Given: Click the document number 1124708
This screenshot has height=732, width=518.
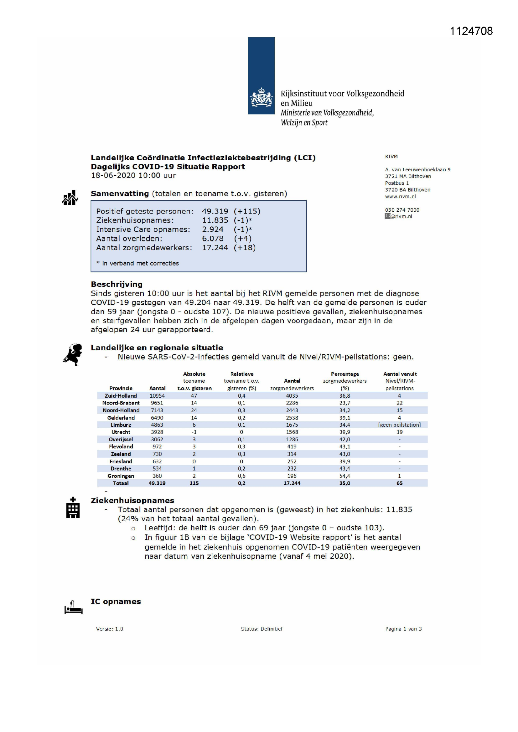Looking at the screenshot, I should tap(471, 31).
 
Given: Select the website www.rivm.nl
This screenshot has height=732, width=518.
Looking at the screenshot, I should tap(400, 196).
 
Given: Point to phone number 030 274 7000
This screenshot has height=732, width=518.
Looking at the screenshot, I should tap(402, 210).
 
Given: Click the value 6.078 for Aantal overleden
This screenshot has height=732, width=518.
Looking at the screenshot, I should tap(213, 239).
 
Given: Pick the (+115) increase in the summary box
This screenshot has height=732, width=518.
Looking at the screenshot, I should tap(247, 211).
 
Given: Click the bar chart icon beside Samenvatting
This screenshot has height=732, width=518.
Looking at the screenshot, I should tap(70, 198).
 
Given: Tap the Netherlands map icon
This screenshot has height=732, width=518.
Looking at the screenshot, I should tap(73, 354).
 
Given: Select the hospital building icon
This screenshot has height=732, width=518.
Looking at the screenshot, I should tap(73, 508).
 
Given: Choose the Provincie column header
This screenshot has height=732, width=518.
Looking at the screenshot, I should tap(121, 388).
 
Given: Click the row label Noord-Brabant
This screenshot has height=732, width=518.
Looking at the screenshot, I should tap(121, 403).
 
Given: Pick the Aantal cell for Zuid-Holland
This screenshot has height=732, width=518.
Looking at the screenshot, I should tap(157, 396).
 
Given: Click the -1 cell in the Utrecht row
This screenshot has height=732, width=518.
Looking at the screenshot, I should tap(194, 432).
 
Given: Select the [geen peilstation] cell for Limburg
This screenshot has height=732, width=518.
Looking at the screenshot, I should tap(399, 425).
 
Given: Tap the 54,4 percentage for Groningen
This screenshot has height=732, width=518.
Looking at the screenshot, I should tap(344, 476).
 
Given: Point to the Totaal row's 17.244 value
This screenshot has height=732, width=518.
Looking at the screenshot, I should tap(292, 483).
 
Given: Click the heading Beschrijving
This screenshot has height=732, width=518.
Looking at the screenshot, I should tap(117, 284).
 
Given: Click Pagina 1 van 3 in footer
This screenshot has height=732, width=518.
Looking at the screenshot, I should tap(403, 629).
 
